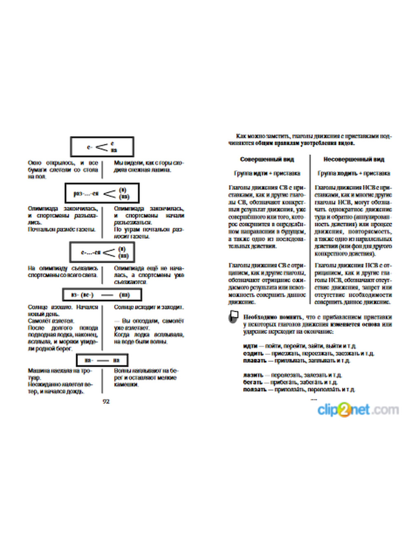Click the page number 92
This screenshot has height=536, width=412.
tap(106, 401)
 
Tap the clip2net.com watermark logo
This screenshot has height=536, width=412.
tap(358, 409)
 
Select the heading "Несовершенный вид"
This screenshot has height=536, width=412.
tap(353, 159)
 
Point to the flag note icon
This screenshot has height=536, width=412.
tap(234, 317)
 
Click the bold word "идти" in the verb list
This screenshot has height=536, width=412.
tap(250, 346)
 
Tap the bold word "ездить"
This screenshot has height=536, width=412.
tap(253, 353)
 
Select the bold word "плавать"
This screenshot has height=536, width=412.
tap(255, 360)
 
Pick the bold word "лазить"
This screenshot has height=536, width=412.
tap(253, 375)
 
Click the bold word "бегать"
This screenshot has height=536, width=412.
tap(253, 382)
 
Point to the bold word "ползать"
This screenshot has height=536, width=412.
tap(255, 389)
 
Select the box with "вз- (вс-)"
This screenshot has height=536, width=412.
tap(102, 295)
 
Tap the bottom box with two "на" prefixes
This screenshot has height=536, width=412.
tap(102, 360)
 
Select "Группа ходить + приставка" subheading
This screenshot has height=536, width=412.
tap(353, 174)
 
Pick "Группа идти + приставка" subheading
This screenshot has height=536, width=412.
tap(267, 174)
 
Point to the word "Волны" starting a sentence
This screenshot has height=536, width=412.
tap(122, 371)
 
